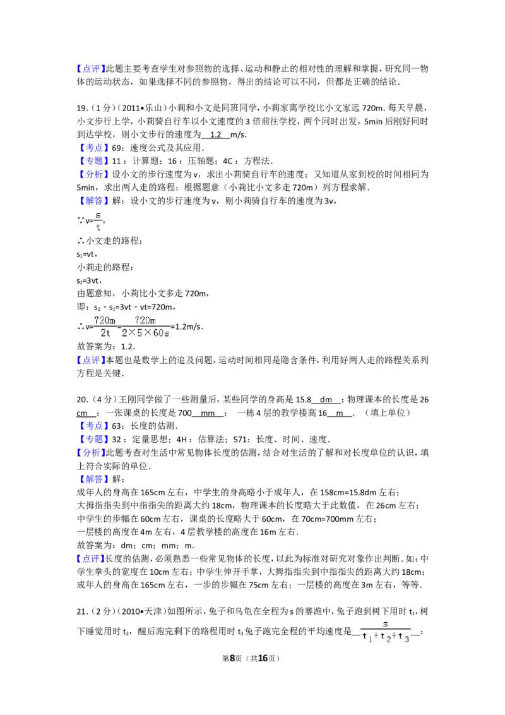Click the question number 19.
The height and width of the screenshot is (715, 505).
[x=81, y=108]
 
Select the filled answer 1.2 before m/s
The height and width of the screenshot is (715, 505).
[x=216, y=135]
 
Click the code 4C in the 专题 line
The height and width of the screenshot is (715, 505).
[x=228, y=161]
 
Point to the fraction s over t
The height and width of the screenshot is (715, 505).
[x=98, y=221]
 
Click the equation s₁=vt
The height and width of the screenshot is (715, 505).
[x=86, y=255]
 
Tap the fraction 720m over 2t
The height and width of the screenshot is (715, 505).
[x=105, y=327]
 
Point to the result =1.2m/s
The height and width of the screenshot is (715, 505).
[x=186, y=327]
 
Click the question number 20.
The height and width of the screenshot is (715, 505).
[x=82, y=399]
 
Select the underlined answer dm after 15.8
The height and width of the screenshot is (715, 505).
[x=326, y=399]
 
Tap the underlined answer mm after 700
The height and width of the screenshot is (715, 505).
[x=208, y=413]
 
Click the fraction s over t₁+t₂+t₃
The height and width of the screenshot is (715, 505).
[x=386, y=632]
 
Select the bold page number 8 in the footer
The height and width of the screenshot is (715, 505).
[x=232, y=658]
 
